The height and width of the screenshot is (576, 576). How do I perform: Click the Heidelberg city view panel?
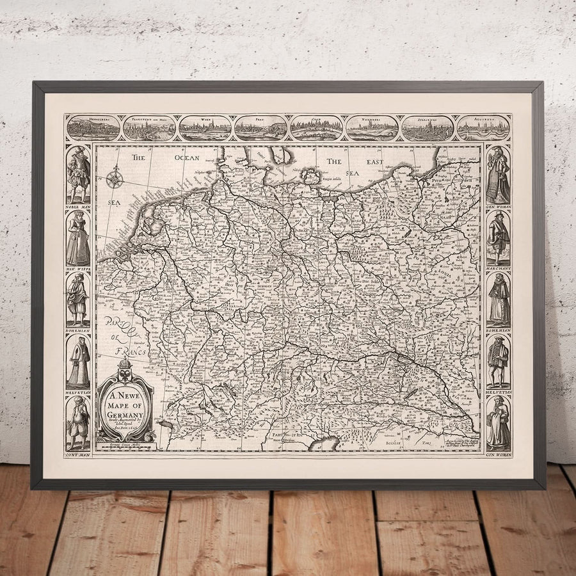click(x=93, y=128)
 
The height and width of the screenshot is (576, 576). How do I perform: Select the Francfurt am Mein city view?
click(x=149, y=128)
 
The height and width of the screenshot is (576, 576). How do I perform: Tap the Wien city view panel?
click(x=205, y=128)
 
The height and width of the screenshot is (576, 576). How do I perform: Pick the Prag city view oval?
click(x=260, y=128)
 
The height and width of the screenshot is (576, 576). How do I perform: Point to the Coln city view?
click(x=316, y=128)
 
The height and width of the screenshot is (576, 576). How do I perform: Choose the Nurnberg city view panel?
click(x=372, y=128)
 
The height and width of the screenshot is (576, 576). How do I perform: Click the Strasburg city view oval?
click(x=428, y=128)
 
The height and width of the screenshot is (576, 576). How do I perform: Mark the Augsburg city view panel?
click(x=483, y=128)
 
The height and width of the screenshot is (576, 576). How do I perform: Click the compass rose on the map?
click(x=115, y=177)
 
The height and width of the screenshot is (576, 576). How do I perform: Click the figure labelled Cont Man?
click(x=78, y=422)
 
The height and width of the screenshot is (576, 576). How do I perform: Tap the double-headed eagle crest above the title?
click(x=125, y=370)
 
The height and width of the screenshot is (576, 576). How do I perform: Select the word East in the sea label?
click(x=374, y=162)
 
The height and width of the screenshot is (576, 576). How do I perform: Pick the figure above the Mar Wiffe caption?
click(x=78, y=238)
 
